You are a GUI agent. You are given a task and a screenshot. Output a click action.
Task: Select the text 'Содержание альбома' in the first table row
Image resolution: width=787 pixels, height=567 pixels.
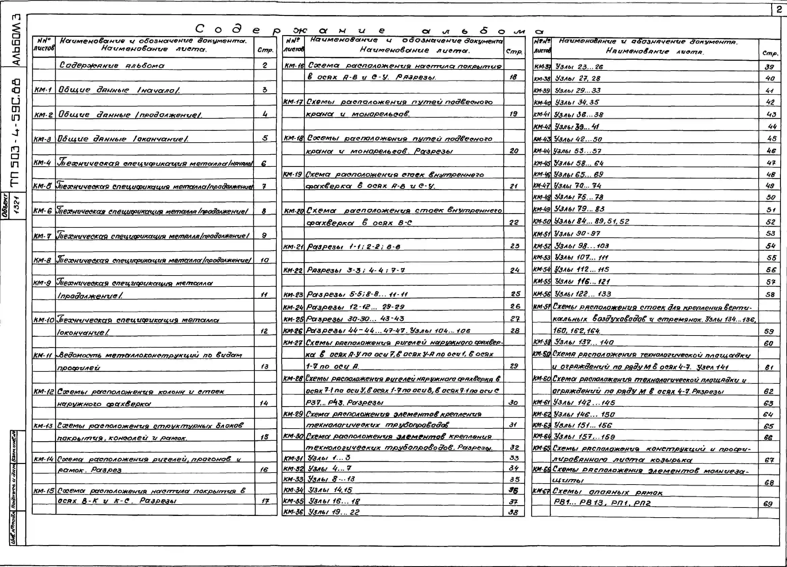112,65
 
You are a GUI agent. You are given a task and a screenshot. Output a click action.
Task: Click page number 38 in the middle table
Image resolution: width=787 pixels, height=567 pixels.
513,512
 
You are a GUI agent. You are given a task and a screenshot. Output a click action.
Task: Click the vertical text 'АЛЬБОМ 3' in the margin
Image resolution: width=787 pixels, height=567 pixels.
16,40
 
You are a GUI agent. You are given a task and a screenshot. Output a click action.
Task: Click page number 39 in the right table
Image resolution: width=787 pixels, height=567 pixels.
769,67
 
